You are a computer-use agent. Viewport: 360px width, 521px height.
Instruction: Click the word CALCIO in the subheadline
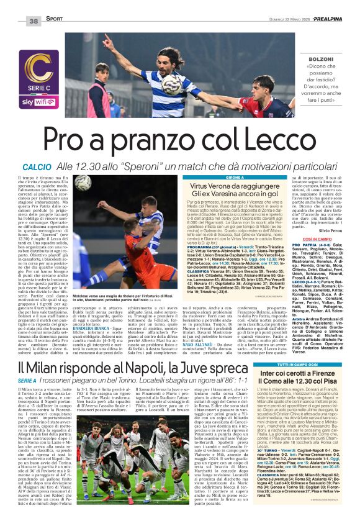[37, 168]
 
